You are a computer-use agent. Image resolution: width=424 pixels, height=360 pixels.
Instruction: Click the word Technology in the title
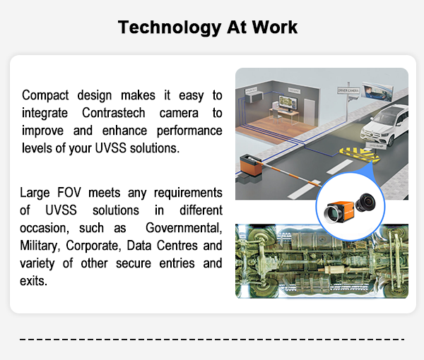[x=170, y=28]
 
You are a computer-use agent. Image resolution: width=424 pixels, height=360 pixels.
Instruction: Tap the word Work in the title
[x=275, y=27]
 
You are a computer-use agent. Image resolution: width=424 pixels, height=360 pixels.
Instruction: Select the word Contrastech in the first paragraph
[x=114, y=113]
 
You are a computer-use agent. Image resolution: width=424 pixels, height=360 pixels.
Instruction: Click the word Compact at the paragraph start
[x=45, y=95]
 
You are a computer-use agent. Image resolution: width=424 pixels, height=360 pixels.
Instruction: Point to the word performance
[x=189, y=131]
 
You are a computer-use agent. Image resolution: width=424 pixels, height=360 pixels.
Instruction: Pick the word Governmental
[x=184, y=228]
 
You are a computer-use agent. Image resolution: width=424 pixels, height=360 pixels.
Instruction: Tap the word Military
[x=39, y=246]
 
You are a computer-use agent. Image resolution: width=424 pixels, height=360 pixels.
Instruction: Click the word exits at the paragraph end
[x=33, y=281]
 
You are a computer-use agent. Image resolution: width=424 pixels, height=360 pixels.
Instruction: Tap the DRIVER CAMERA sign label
[x=348, y=91]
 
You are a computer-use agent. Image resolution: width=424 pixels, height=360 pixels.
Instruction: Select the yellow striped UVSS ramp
[x=360, y=155]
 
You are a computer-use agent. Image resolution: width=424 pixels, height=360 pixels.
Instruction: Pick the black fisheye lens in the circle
[x=365, y=202]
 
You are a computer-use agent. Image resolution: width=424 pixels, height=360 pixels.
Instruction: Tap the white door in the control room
[x=310, y=112]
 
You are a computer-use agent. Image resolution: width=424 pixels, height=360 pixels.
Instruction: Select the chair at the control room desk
[x=276, y=116]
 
